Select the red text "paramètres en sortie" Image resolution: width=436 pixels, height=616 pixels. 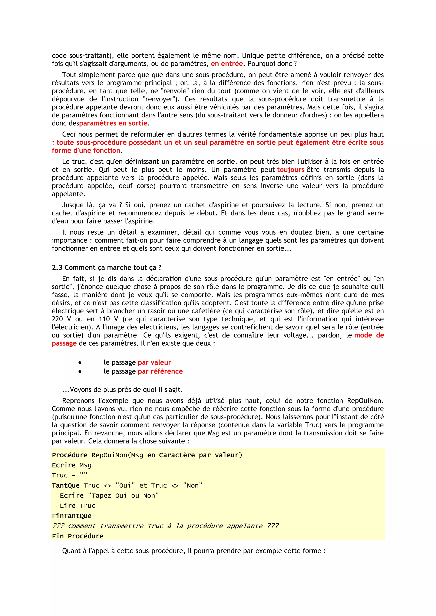[x=113, y=123]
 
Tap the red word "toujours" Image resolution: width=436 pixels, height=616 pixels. [x=290, y=170]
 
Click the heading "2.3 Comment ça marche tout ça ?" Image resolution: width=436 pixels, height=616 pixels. [x=107, y=268]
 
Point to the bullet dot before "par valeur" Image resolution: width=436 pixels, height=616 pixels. [x=80, y=363]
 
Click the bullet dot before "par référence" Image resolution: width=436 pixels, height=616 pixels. [x=80, y=372]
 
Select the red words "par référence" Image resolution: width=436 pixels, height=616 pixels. [x=160, y=372]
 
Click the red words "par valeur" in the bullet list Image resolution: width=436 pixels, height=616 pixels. [x=154, y=363]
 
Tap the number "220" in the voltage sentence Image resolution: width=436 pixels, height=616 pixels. [x=57, y=319]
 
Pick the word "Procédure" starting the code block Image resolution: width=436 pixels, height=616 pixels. [x=70, y=455]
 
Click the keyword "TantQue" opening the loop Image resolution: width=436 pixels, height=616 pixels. [x=66, y=486]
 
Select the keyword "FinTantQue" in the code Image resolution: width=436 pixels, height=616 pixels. [x=72, y=516]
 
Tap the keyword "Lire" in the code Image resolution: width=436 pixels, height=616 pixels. [x=68, y=506]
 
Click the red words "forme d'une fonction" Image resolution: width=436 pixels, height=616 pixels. [x=86, y=151]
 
